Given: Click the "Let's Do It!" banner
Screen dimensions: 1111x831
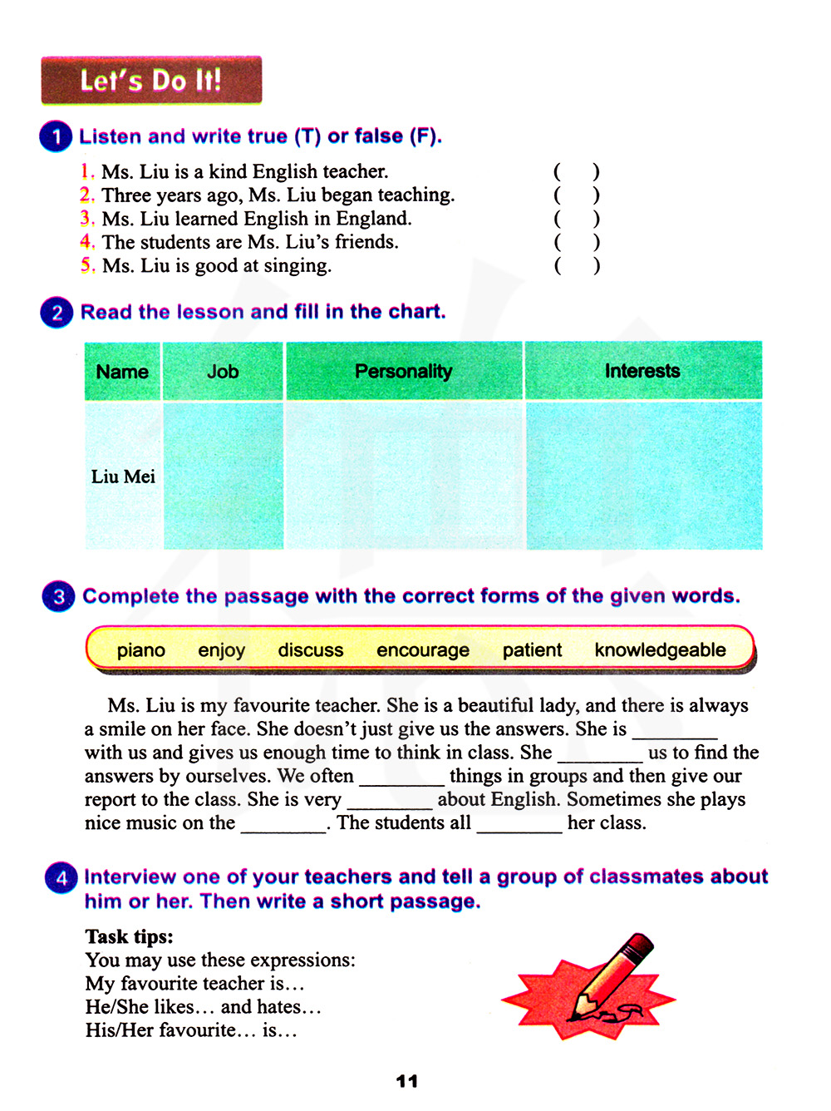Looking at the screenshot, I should tap(151, 80).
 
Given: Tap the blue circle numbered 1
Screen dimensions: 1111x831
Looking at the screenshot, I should tap(56, 136).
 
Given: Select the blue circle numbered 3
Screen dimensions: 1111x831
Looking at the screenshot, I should tap(58, 596).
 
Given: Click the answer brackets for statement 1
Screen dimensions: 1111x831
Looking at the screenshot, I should tap(576, 172).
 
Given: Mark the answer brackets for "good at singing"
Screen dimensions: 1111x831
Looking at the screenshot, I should tap(576, 266).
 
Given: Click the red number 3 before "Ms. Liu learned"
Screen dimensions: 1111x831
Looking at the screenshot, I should tap(86, 218).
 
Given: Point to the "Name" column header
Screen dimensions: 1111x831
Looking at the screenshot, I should tap(122, 372).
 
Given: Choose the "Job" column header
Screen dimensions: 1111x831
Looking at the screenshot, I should tap(223, 372).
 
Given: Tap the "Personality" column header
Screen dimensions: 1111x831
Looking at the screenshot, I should tap(404, 371).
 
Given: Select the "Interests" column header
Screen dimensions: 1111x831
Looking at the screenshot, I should tap(642, 371).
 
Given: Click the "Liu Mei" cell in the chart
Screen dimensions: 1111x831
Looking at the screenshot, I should tap(123, 476).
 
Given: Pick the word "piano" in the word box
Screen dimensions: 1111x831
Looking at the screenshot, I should tap(141, 650).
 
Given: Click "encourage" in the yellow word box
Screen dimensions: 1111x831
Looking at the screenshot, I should tap(423, 650).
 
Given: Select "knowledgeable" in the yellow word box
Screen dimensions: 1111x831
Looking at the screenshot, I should tap(661, 650).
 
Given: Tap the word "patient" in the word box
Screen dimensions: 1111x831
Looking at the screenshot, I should tap(532, 650).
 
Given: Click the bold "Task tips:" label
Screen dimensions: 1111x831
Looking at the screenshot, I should tap(129, 936).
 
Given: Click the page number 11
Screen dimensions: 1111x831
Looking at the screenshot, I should tap(407, 1081).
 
